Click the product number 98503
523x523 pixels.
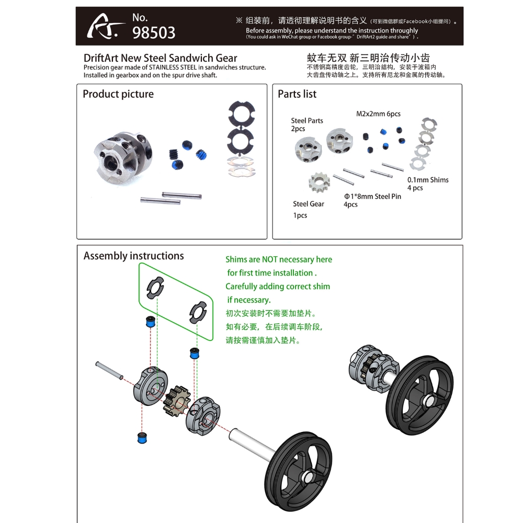coord(154,32)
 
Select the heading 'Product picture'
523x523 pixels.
coord(118,94)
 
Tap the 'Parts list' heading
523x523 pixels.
coord(297,94)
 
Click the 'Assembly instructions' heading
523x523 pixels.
coord(133,256)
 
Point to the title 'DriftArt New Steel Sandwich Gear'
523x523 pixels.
coord(160,59)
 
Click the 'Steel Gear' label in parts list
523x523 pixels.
coord(308,204)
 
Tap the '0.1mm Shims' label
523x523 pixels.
coord(428,180)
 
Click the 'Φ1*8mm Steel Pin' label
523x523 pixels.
coord(372,196)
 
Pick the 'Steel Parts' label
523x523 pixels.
coord(307,121)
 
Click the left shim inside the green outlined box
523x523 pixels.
coord(155,288)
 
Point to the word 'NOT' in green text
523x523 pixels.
coord(270,259)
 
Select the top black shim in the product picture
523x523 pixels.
coord(241,114)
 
